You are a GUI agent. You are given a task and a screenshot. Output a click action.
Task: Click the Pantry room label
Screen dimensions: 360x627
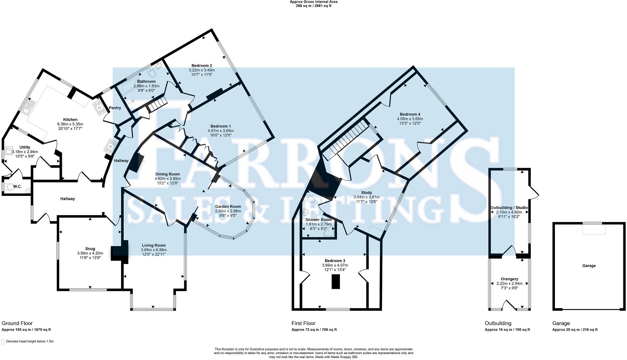click(x=115, y=108)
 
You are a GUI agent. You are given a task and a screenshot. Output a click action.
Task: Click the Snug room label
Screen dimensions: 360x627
click(x=90, y=249)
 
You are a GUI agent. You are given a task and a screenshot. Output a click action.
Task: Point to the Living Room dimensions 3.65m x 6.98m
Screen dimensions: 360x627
click(x=154, y=250)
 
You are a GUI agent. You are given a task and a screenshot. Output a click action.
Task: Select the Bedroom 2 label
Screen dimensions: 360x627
click(x=201, y=66)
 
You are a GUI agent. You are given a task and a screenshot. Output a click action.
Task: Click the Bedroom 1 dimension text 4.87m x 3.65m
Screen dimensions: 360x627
click(x=221, y=131)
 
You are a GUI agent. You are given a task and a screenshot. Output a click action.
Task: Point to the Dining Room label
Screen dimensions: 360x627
click(x=167, y=174)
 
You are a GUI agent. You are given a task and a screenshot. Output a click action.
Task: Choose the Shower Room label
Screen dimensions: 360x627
click(x=318, y=220)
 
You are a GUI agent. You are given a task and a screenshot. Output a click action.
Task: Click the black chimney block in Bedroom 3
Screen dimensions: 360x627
click(x=336, y=282)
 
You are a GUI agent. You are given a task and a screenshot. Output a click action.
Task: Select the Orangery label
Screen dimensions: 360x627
click(x=509, y=279)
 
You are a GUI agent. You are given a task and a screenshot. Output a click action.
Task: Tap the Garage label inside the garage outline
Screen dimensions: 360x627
click(x=589, y=266)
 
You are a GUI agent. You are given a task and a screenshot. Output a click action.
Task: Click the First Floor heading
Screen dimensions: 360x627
click(x=303, y=323)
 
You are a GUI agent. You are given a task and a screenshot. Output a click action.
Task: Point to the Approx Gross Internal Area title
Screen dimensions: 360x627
click(x=313, y=2)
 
